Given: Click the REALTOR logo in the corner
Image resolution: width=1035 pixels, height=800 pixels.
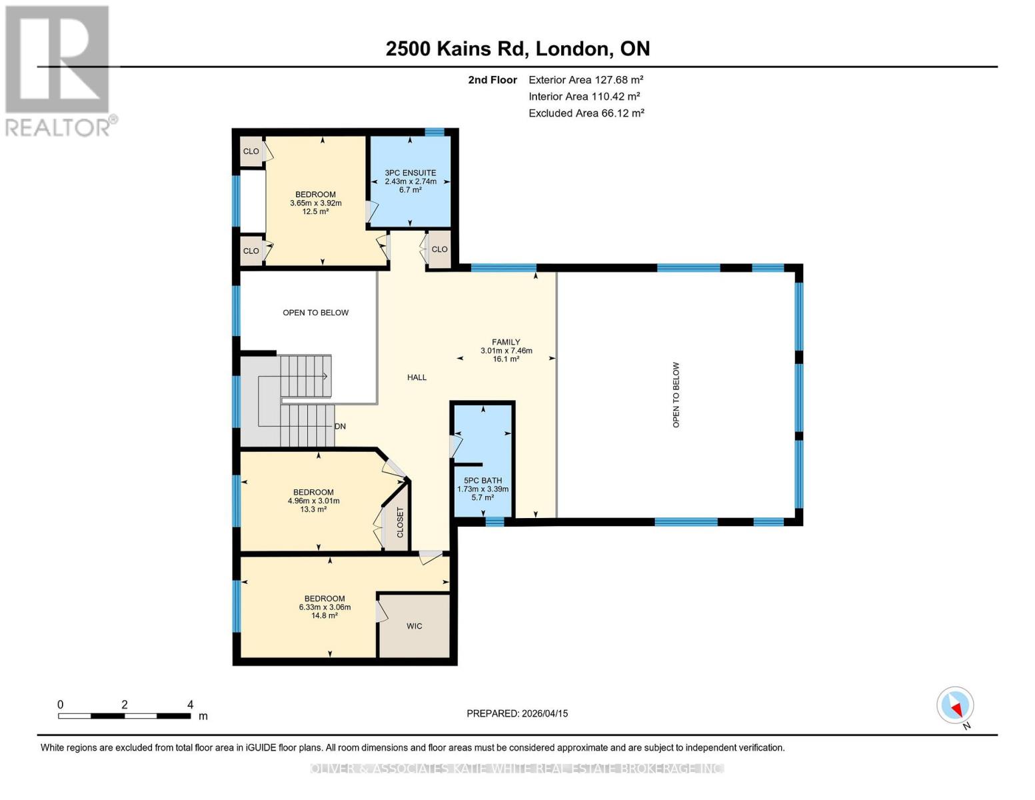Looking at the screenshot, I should pyautogui.click(x=59, y=70).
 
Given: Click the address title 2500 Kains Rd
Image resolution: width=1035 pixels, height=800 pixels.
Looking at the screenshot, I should pyautogui.click(x=517, y=49).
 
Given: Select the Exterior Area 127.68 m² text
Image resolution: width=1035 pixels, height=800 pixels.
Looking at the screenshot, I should pyautogui.click(x=585, y=79).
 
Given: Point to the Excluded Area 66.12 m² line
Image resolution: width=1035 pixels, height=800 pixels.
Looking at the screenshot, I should pyautogui.click(x=586, y=113).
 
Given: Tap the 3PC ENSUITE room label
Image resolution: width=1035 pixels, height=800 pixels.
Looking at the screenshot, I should pyautogui.click(x=411, y=173).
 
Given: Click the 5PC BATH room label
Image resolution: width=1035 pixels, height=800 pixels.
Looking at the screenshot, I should pyautogui.click(x=483, y=481).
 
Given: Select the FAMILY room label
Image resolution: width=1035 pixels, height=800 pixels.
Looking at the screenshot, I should pyautogui.click(x=506, y=342).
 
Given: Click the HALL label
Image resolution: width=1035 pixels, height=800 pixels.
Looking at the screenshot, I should pyautogui.click(x=417, y=377).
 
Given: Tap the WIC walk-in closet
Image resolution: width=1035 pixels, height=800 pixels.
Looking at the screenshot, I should pyautogui.click(x=414, y=626).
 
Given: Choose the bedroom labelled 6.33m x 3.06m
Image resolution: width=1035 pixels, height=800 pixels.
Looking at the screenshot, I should pyautogui.click(x=325, y=607).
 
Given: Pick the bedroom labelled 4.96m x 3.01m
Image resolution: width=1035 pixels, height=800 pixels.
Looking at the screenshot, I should pyautogui.click(x=313, y=501).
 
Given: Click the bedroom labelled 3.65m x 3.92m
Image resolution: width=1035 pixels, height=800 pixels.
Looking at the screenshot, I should pyautogui.click(x=315, y=203).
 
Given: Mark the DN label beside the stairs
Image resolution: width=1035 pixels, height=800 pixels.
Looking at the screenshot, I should pyautogui.click(x=340, y=427).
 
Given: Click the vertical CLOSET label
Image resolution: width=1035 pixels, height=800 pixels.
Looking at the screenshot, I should pyautogui.click(x=400, y=522).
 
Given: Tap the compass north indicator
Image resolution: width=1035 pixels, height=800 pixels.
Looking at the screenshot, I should pyautogui.click(x=956, y=706).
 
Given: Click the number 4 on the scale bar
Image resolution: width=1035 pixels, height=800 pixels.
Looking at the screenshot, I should pyautogui.click(x=190, y=705).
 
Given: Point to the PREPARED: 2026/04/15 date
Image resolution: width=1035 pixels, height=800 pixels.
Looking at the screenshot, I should pyautogui.click(x=517, y=713).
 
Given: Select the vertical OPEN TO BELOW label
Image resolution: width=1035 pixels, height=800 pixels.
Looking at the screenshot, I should pyautogui.click(x=676, y=395).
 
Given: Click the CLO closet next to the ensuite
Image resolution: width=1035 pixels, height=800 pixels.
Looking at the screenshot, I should pyautogui.click(x=439, y=249).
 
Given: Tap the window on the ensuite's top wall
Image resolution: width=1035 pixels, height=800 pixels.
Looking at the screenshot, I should pyautogui.click(x=435, y=132).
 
